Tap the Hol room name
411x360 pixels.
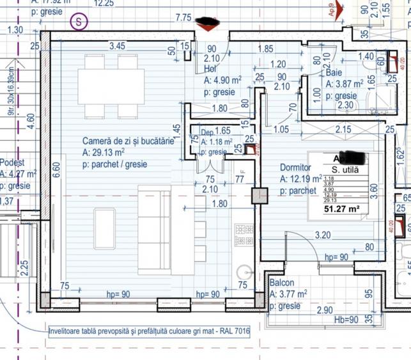210,69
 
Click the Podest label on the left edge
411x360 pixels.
13,162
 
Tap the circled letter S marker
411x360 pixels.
79,20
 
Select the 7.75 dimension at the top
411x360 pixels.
184,18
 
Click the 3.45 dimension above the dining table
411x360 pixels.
117,46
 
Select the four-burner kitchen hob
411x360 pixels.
244,228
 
